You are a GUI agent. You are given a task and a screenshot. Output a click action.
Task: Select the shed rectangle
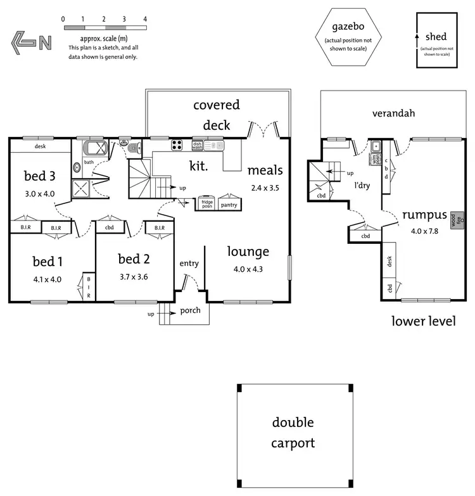pos(436,41)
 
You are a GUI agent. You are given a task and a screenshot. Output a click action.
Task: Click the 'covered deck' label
pos(217,114)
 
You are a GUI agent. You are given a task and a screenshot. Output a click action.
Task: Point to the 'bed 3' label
pos(39,175)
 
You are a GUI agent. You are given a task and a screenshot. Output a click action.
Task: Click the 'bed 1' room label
pos(47,262)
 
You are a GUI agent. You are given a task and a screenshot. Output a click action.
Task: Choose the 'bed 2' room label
pos(134,258)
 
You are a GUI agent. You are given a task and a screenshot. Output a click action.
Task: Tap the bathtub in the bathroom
pos(97,149)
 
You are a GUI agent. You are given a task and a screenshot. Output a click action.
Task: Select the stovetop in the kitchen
pos(177,145)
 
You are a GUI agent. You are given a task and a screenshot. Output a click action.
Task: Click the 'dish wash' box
pos(197,145)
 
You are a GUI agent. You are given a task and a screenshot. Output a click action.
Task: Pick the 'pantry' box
pos(228,204)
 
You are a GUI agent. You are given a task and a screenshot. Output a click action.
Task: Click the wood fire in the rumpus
pos(453,221)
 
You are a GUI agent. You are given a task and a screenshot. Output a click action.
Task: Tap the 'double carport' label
pos(293,433)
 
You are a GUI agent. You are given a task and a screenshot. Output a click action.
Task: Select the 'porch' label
pos(190,310)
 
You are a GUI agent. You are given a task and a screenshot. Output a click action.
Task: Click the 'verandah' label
pos(393,113)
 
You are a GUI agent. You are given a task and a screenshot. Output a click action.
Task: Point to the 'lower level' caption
pos(424,321)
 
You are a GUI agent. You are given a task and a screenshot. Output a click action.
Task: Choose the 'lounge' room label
pos(248,251)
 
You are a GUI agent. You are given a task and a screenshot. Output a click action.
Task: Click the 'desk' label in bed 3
pos(41,146)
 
